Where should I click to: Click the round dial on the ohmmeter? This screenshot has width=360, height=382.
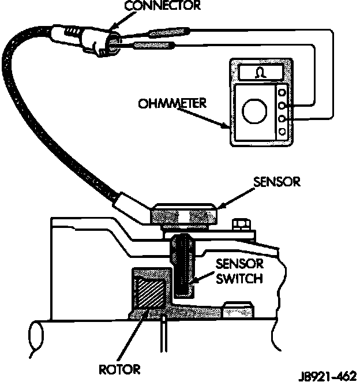click(253, 110)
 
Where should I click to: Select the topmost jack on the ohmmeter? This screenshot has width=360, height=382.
click(282, 92)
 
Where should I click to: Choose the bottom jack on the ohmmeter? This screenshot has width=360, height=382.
click(282, 132)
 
